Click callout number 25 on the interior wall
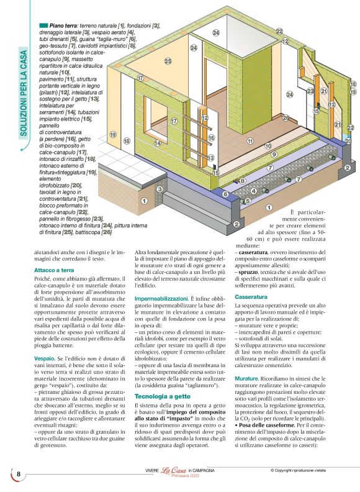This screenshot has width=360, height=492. (x=168, y=61)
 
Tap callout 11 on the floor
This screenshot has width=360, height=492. (x=250, y=141)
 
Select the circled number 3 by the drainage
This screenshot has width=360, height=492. (x=160, y=189)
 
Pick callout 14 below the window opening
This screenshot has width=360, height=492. (x=158, y=143)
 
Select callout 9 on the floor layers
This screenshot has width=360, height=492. (x=274, y=153)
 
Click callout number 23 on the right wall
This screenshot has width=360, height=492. (x=310, y=91)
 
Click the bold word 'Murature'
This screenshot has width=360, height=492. (x=247, y=378)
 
